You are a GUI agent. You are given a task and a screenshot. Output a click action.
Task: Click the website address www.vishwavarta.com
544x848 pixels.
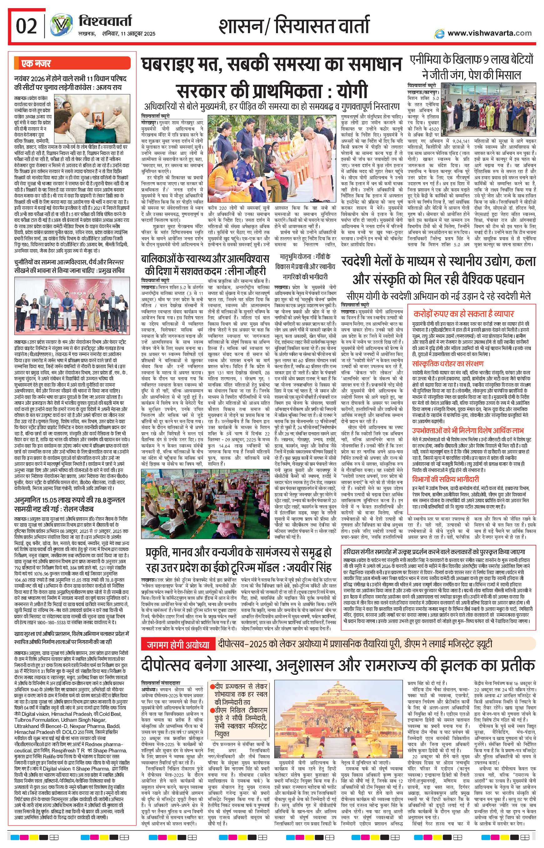pos(489,33)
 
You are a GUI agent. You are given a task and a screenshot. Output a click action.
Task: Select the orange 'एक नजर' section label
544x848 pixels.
pos(36,63)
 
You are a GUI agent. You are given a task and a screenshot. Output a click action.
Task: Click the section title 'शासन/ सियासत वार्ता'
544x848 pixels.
pos(294,27)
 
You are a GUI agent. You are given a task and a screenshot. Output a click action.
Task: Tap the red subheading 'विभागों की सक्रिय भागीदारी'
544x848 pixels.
pos(446,479)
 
